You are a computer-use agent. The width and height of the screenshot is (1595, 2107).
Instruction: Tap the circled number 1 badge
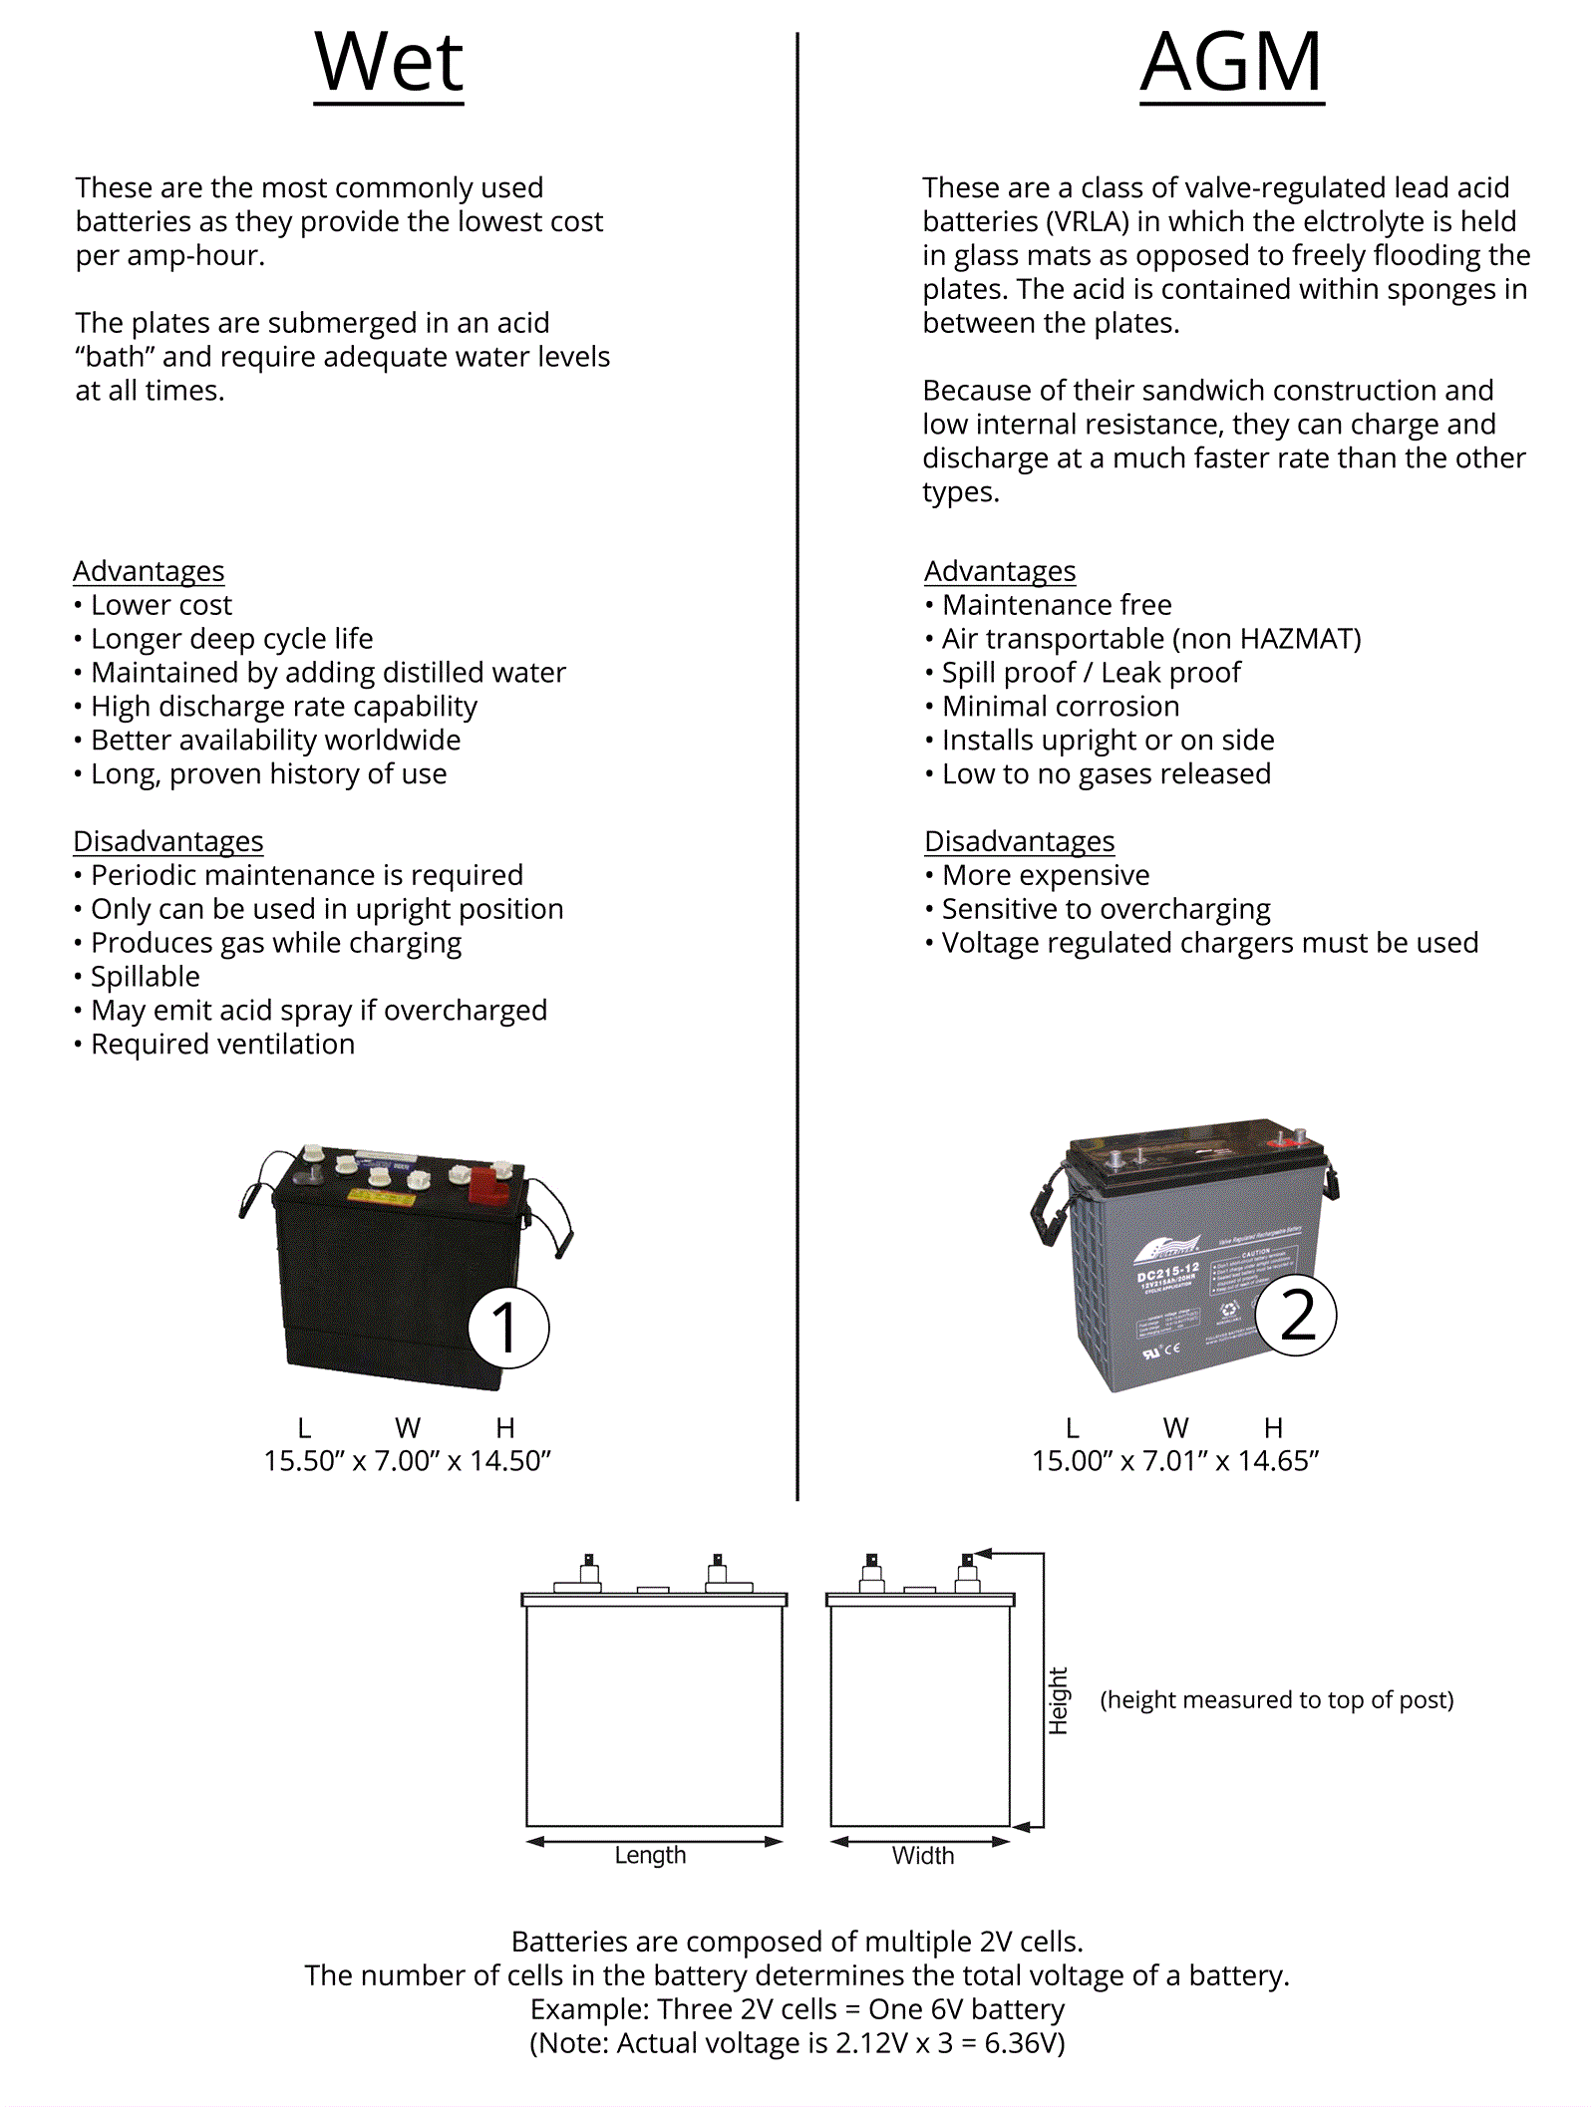click(x=508, y=1328)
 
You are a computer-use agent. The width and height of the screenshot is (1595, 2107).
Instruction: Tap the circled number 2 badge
click(x=1296, y=1316)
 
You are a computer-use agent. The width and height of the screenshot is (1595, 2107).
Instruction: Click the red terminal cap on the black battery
click(x=487, y=1186)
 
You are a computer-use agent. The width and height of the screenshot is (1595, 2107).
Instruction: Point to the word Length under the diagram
click(x=650, y=1855)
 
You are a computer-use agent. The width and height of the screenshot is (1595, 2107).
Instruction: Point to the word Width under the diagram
click(x=922, y=1856)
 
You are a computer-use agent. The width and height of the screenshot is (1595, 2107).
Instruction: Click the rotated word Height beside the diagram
click(x=1058, y=1700)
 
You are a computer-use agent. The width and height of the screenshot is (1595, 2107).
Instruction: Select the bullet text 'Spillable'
click(x=146, y=977)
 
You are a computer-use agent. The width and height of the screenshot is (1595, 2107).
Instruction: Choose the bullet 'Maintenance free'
click(x=1057, y=605)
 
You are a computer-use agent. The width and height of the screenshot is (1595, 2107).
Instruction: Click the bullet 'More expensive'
click(x=1046, y=875)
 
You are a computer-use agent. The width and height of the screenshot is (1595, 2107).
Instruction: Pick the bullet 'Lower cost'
click(x=161, y=605)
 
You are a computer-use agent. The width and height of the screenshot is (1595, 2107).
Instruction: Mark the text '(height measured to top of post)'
click(x=1276, y=1699)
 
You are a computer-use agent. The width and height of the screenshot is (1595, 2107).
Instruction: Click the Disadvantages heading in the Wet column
click(x=168, y=841)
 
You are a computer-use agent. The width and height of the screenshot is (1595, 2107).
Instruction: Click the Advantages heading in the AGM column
click(x=1000, y=571)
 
